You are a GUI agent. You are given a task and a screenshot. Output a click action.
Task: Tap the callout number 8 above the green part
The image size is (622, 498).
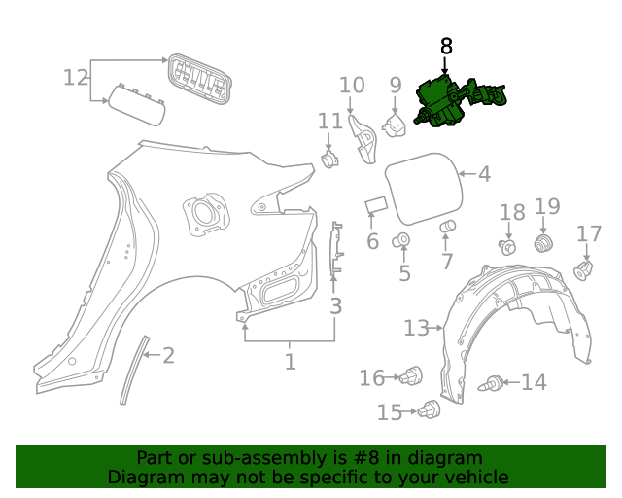coord(446,46)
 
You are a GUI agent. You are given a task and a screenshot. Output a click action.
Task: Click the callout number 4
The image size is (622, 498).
coord(483,175)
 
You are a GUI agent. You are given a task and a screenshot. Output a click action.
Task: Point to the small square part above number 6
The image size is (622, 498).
coord(376,205)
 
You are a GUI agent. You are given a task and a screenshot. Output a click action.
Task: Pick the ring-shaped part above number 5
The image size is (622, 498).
coord(401,240)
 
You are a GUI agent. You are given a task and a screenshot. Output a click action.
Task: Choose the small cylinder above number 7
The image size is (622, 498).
coord(448,229)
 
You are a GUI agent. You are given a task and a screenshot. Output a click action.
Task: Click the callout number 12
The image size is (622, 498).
coord(76,77)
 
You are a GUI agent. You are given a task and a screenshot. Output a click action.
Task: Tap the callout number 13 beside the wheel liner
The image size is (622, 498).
coord(416,329)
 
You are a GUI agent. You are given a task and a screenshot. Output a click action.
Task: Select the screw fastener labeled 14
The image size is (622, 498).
coord(493,384)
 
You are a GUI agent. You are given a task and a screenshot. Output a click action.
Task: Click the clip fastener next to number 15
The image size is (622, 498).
coord(428,411)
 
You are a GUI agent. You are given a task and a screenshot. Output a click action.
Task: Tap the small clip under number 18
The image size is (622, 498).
coord(506,247)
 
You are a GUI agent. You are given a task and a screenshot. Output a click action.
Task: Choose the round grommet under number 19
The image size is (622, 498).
coord(545,242)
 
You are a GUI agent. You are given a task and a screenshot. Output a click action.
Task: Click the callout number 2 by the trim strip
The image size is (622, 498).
coord(168,356)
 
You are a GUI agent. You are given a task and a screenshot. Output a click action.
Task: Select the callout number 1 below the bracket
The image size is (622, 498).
coord(290,363)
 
